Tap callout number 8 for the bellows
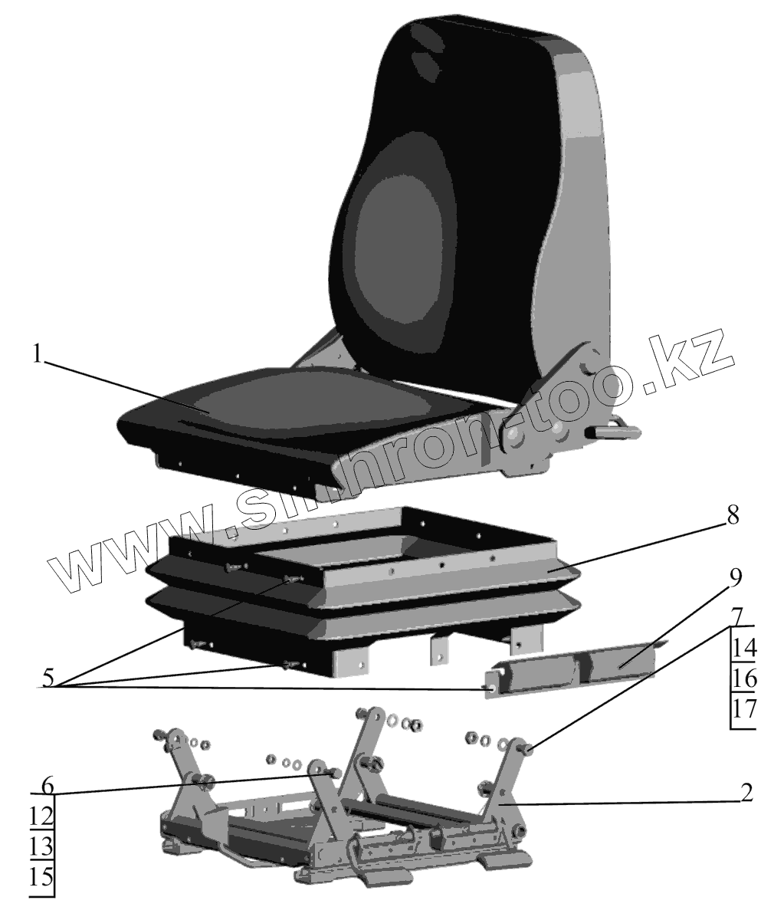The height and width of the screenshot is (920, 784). click(733, 516)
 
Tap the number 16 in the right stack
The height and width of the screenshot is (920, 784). click(743, 679)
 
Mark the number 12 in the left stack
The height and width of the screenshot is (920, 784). click(42, 816)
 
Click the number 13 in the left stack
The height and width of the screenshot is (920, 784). click(42, 846)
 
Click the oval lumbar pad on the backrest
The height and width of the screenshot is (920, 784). click(399, 253)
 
